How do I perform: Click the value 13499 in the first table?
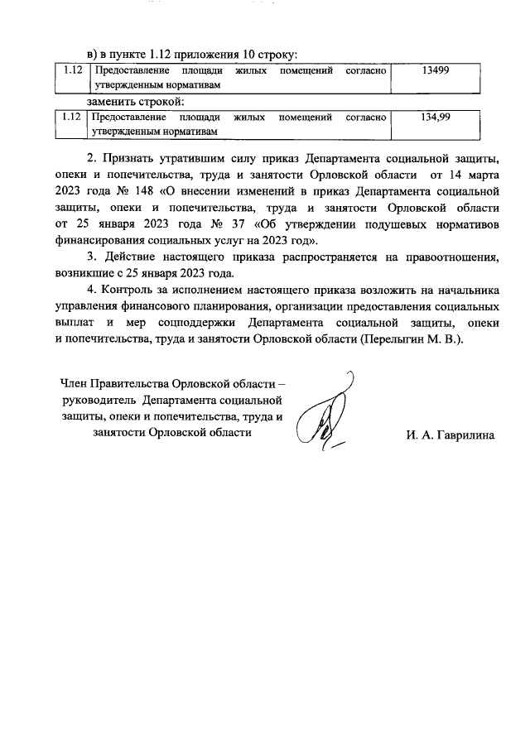coord(435,73)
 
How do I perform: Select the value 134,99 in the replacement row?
coord(435,118)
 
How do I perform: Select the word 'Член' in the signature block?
coord(75,383)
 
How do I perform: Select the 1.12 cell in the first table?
coord(72,73)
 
